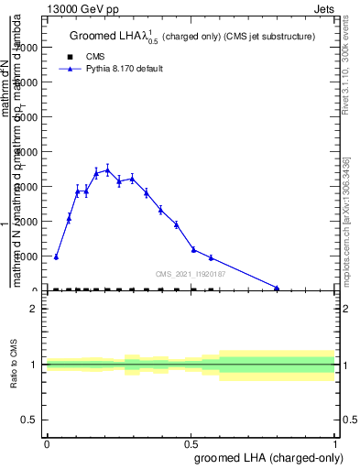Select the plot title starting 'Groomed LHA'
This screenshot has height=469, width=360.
point(192,37)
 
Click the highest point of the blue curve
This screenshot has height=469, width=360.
point(107,169)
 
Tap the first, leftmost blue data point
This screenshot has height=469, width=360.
point(56,257)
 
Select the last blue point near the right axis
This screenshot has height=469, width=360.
point(277,288)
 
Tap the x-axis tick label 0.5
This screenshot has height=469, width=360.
point(191,443)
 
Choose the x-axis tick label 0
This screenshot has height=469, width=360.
point(47,443)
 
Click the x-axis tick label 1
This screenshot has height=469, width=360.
point(335,443)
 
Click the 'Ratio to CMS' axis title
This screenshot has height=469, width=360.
point(15,365)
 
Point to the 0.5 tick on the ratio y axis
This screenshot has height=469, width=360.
point(29,420)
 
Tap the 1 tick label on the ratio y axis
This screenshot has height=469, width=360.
point(34,365)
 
